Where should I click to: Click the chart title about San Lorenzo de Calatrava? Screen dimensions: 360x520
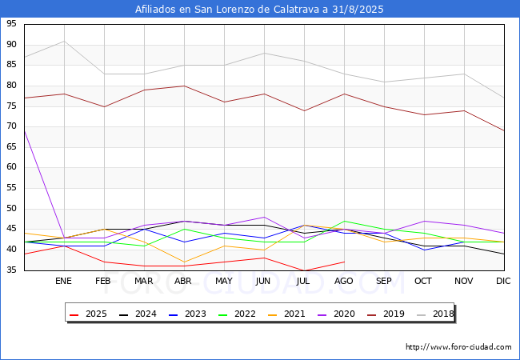tap(260, 10)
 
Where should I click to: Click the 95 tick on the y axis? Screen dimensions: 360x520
tap(11, 24)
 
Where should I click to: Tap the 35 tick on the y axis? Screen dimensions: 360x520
tap(11, 270)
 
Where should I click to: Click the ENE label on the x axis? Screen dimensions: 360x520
tap(64, 282)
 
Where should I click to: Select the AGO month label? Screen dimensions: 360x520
tap(344, 282)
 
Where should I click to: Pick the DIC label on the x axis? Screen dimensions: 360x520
tap(503, 282)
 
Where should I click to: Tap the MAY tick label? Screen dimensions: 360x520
tap(224, 282)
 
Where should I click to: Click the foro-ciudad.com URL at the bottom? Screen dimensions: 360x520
tap(458, 347)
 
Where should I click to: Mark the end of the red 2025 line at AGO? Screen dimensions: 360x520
tap(344, 262)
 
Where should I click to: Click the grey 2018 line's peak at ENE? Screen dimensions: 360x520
tap(64, 41)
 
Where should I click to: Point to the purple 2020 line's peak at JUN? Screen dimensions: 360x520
tap(264, 217)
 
